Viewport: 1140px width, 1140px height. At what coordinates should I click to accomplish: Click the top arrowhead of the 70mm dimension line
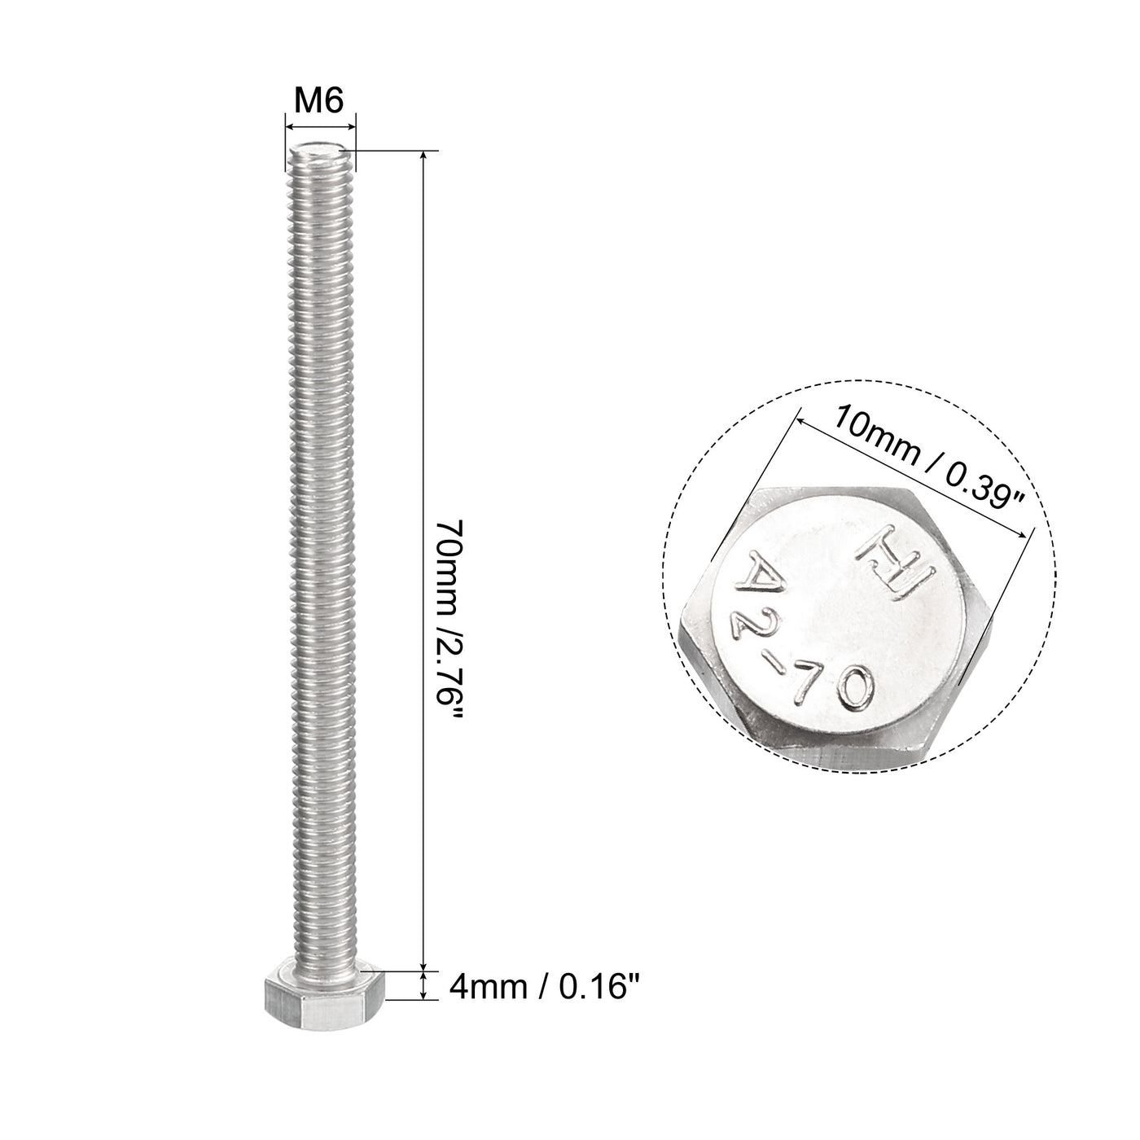pos(423,155)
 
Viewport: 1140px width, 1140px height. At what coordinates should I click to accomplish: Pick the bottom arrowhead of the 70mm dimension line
pos(423,965)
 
